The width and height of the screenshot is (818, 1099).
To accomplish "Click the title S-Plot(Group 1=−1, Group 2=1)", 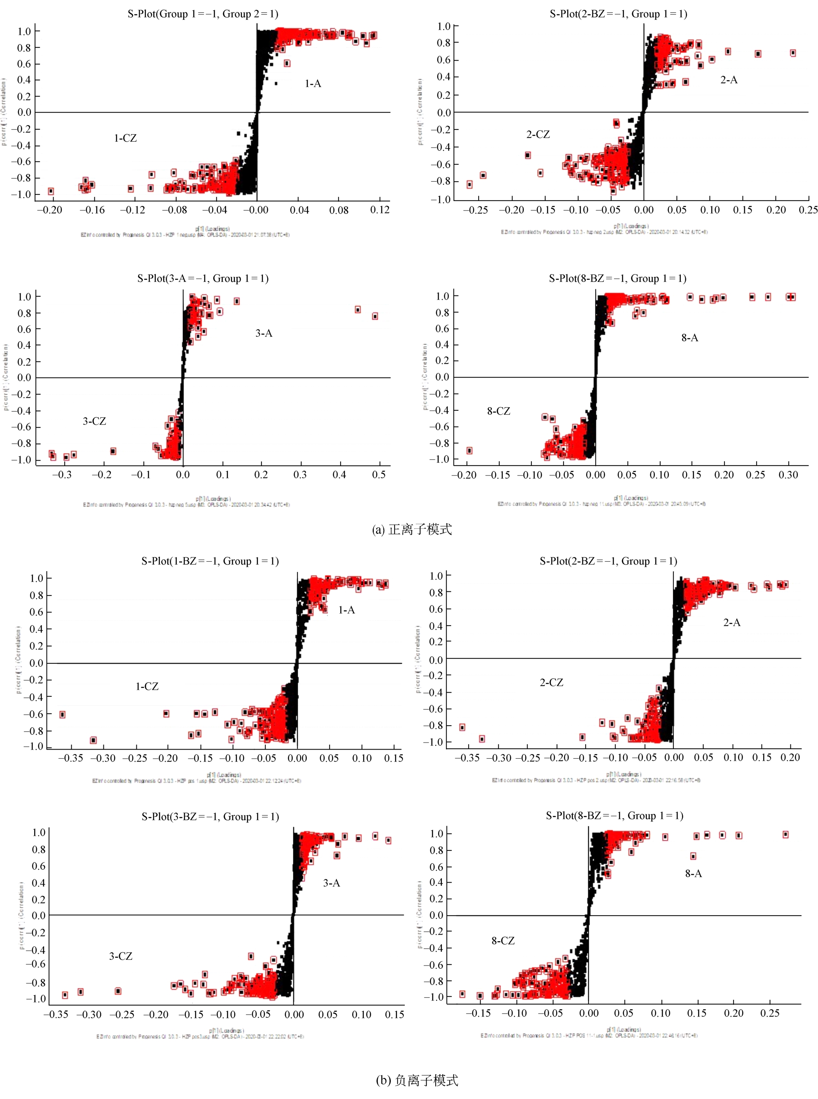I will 203,14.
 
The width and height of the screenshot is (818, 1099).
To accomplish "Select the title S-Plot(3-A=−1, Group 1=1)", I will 203,278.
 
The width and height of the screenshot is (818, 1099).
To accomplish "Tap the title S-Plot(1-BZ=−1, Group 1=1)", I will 210,561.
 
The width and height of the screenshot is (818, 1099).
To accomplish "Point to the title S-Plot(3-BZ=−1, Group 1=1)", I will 210,817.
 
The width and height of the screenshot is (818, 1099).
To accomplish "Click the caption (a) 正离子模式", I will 411,530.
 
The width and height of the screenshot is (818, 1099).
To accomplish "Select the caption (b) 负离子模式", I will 417,1080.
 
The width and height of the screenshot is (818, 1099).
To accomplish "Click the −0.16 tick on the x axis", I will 92,210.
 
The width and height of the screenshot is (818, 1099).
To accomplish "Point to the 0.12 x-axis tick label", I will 380,210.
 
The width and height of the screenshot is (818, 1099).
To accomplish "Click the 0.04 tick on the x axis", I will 299,210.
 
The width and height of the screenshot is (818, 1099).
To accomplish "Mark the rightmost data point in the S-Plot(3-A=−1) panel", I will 375,316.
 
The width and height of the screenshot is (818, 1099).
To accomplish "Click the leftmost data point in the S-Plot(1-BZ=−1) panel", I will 62,715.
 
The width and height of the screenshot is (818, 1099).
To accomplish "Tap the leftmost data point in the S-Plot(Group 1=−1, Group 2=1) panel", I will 51,191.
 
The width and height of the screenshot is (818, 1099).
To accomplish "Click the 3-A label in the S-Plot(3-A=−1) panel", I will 264,333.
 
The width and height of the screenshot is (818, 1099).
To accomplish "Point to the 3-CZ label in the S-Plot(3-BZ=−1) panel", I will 121,956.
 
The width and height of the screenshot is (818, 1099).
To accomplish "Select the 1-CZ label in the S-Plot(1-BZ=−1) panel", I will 147,687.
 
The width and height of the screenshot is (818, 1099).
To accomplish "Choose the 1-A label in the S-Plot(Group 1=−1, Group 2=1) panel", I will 313,84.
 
